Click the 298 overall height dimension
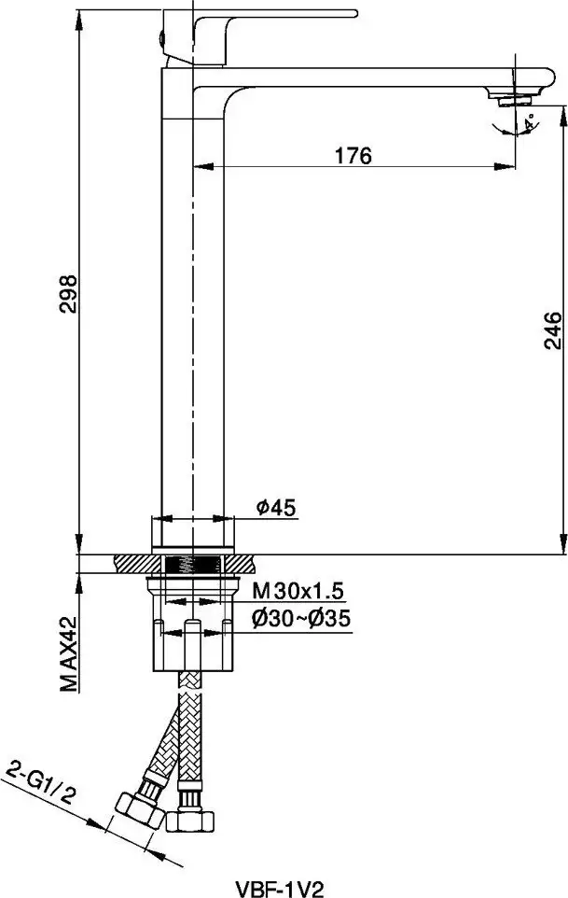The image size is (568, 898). [68, 293]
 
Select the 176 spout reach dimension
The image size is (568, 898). [353, 155]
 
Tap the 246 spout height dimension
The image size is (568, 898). [552, 331]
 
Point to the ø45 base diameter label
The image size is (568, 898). [276, 507]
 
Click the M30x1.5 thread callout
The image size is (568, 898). [298, 589]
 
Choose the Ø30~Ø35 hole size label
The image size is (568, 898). [301, 619]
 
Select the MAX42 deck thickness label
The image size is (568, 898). [68, 653]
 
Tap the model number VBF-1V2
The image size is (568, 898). [280, 889]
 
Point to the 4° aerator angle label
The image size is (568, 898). [530, 122]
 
